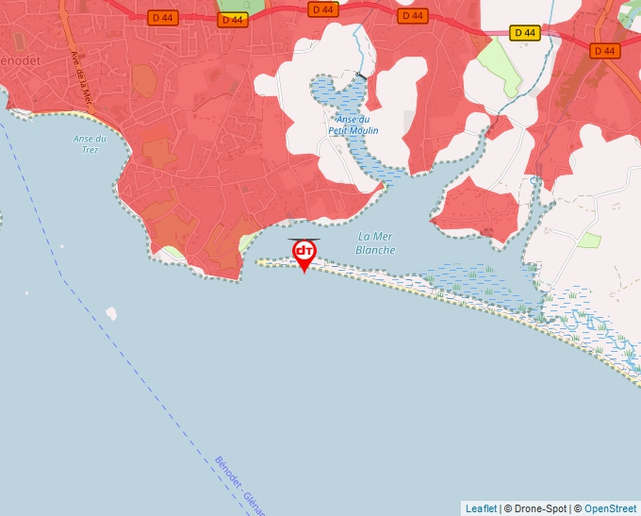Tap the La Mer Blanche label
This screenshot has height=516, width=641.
point(375,243)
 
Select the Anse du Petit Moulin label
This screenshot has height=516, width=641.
point(353,125)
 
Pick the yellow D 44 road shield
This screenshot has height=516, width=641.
point(524,33)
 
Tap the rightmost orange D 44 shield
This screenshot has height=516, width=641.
point(605,50)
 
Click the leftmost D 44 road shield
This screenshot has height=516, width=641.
point(162,17)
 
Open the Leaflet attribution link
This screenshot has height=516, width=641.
point(481,508)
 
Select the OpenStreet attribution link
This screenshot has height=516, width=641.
point(610,508)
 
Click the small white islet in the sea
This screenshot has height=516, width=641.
point(111,313)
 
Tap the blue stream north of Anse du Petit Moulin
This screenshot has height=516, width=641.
point(357,42)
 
